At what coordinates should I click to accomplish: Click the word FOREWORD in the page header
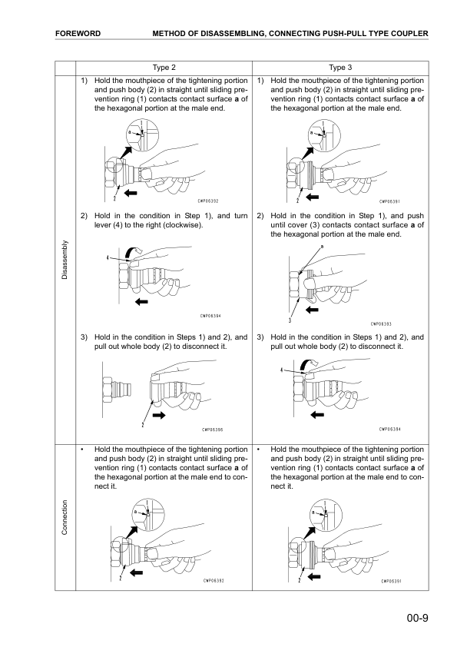(78, 33)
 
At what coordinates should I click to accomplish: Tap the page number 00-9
(417, 618)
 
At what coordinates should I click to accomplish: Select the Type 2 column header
(164, 68)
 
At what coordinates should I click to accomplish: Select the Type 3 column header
(340, 68)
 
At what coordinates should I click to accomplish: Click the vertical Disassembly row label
(65, 260)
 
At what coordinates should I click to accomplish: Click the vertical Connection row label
(65, 517)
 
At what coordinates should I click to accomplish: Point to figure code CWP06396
(213, 430)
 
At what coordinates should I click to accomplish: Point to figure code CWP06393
(381, 324)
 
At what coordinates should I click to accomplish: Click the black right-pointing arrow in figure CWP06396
(159, 415)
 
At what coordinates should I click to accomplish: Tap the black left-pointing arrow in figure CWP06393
(313, 310)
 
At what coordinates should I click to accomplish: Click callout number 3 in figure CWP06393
(291, 320)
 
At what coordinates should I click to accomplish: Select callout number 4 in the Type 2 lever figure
(108, 258)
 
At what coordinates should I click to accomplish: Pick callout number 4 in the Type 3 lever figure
(282, 370)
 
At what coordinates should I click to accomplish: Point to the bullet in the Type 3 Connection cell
(259, 450)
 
